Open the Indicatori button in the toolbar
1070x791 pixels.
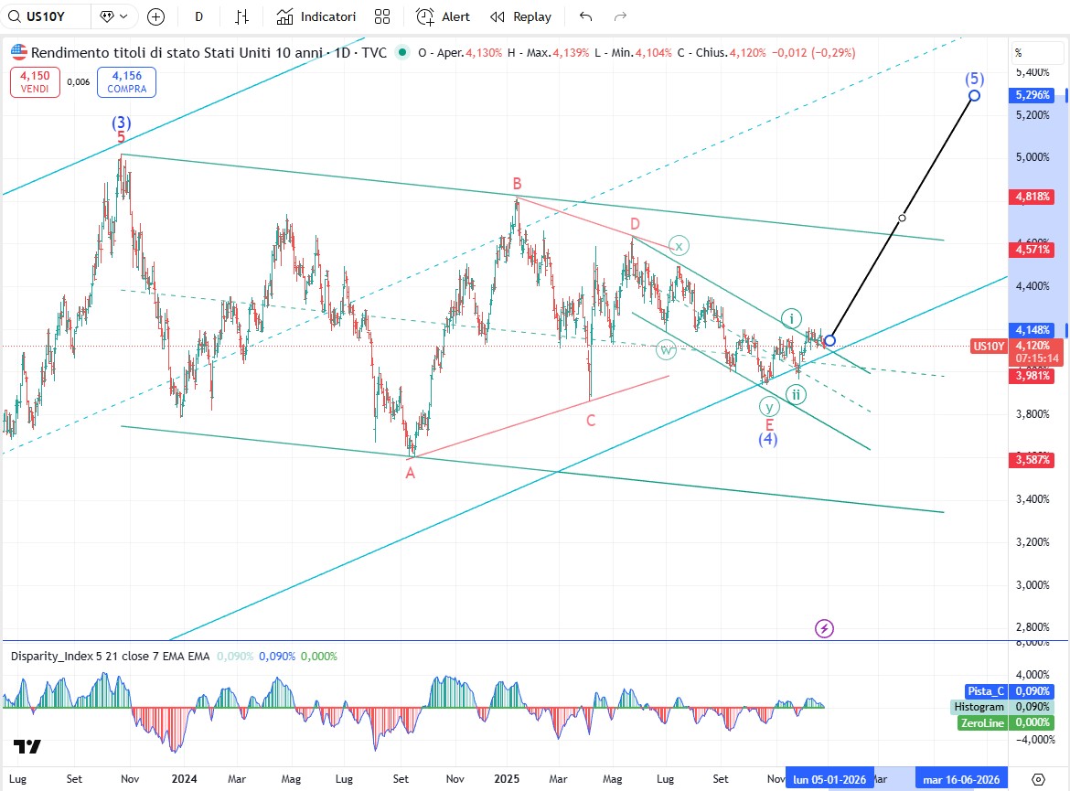pyautogui.click(x=316, y=16)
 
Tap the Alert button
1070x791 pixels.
pyautogui.click(x=444, y=16)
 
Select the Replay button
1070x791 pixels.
pyautogui.click(x=520, y=16)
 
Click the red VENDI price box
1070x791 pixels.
pyautogui.click(x=36, y=82)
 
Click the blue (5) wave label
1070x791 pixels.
pyautogui.click(x=975, y=79)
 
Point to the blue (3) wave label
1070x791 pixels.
pyautogui.click(x=121, y=122)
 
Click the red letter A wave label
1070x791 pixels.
pyautogui.click(x=411, y=473)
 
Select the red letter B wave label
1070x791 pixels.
pyautogui.click(x=517, y=184)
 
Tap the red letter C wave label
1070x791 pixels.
pyautogui.click(x=591, y=421)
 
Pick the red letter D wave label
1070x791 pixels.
pyautogui.click(x=635, y=224)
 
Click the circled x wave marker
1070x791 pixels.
pyautogui.click(x=678, y=245)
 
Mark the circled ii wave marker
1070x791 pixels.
pyautogui.click(x=797, y=394)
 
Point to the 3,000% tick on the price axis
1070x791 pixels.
pyautogui.click(x=1031, y=584)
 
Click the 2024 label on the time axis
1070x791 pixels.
pyautogui.click(x=184, y=779)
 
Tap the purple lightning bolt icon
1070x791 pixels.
pyautogui.click(x=825, y=628)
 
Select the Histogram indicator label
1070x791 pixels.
pyautogui.click(x=978, y=707)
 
